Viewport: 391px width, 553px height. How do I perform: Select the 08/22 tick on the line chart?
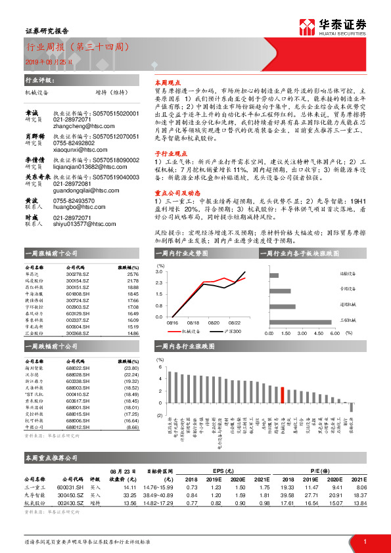pyautogui.click(x=235, y=322)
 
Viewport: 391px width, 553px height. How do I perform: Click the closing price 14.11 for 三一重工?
pyautogui.click(x=129, y=487)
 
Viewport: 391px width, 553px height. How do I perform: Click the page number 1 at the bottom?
pyautogui.click(x=364, y=541)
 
